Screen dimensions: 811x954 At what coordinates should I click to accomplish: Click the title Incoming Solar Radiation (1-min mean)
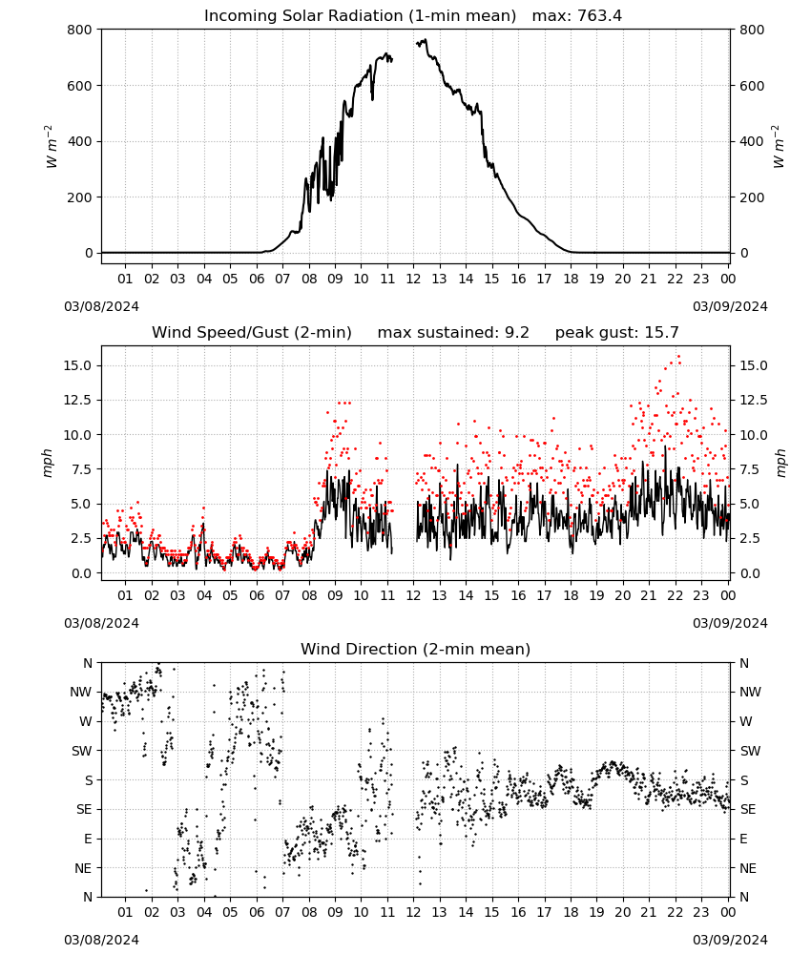click(360, 16)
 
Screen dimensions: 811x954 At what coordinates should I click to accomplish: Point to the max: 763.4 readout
click(577, 16)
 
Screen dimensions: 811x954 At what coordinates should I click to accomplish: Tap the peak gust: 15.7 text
click(616, 333)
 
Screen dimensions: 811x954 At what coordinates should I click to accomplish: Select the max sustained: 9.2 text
click(453, 333)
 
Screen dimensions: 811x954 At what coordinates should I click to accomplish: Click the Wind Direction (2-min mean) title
click(416, 649)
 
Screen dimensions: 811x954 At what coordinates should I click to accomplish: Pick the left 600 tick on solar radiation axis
click(80, 86)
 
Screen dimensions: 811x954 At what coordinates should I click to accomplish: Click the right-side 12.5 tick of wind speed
click(753, 401)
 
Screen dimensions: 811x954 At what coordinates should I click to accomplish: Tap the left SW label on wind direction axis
click(81, 751)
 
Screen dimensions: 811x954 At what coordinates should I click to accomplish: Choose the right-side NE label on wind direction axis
click(748, 868)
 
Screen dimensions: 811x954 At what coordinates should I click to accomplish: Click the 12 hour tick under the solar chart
click(413, 279)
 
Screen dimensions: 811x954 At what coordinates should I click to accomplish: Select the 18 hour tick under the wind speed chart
click(570, 595)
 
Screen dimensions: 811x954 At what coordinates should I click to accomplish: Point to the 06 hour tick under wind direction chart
click(256, 912)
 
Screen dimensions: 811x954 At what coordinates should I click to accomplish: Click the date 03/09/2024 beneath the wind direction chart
click(730, 940)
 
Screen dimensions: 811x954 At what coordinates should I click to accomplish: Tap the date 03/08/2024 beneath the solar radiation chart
click(101, 306)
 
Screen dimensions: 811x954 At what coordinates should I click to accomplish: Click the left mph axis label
click(48, 463)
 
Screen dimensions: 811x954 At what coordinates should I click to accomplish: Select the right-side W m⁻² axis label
click(779, 147)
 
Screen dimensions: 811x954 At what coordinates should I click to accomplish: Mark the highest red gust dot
click(679, 357)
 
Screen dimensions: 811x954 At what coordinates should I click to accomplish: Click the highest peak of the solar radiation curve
click(425, 39)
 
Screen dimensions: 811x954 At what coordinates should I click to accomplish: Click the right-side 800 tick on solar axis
click(752, 30)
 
